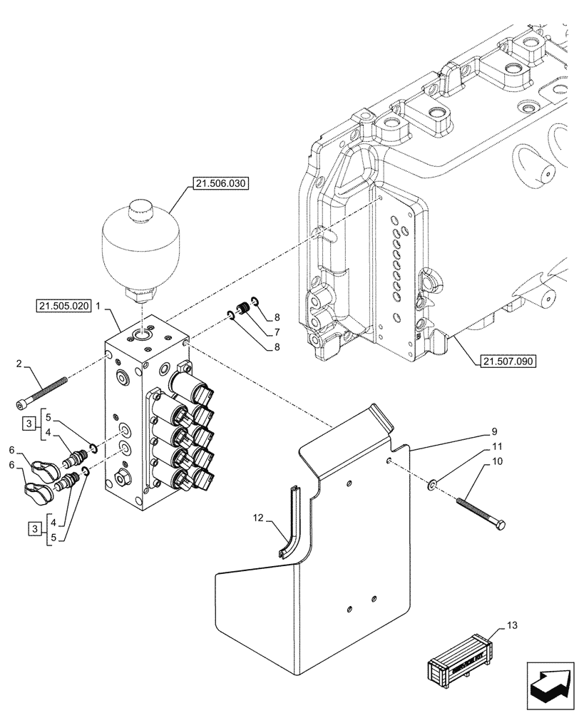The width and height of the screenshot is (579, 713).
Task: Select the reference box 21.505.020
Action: pos(63,307)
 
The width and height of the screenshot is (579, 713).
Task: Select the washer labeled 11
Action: pos(432,486)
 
